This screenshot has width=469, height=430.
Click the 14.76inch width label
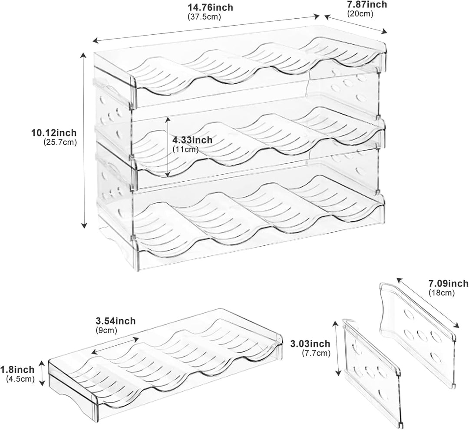click(x=210, y=7)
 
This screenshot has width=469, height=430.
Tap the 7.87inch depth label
click(x=367, y=4)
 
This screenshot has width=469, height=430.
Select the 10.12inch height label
click(x=54, y=132)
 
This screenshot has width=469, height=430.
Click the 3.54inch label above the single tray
click(x=116, y=321)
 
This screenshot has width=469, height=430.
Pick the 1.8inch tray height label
click(x=17, y=370)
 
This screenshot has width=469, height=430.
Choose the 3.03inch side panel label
click(x=310, y=344)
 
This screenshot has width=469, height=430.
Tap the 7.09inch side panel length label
click(x=448, y=283)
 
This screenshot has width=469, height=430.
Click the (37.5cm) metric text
click(x=204, y=17)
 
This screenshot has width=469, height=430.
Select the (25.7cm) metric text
click(x=60, y=142)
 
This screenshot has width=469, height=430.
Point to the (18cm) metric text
click(x=442, y=293)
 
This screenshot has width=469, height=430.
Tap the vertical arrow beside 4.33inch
click(x=168, y=147)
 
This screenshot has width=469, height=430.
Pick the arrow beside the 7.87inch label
click(x=356, y=24)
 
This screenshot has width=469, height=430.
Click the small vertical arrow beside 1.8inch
click(x=42, y=373)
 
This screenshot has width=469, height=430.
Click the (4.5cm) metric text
click(x=20, y=379)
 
